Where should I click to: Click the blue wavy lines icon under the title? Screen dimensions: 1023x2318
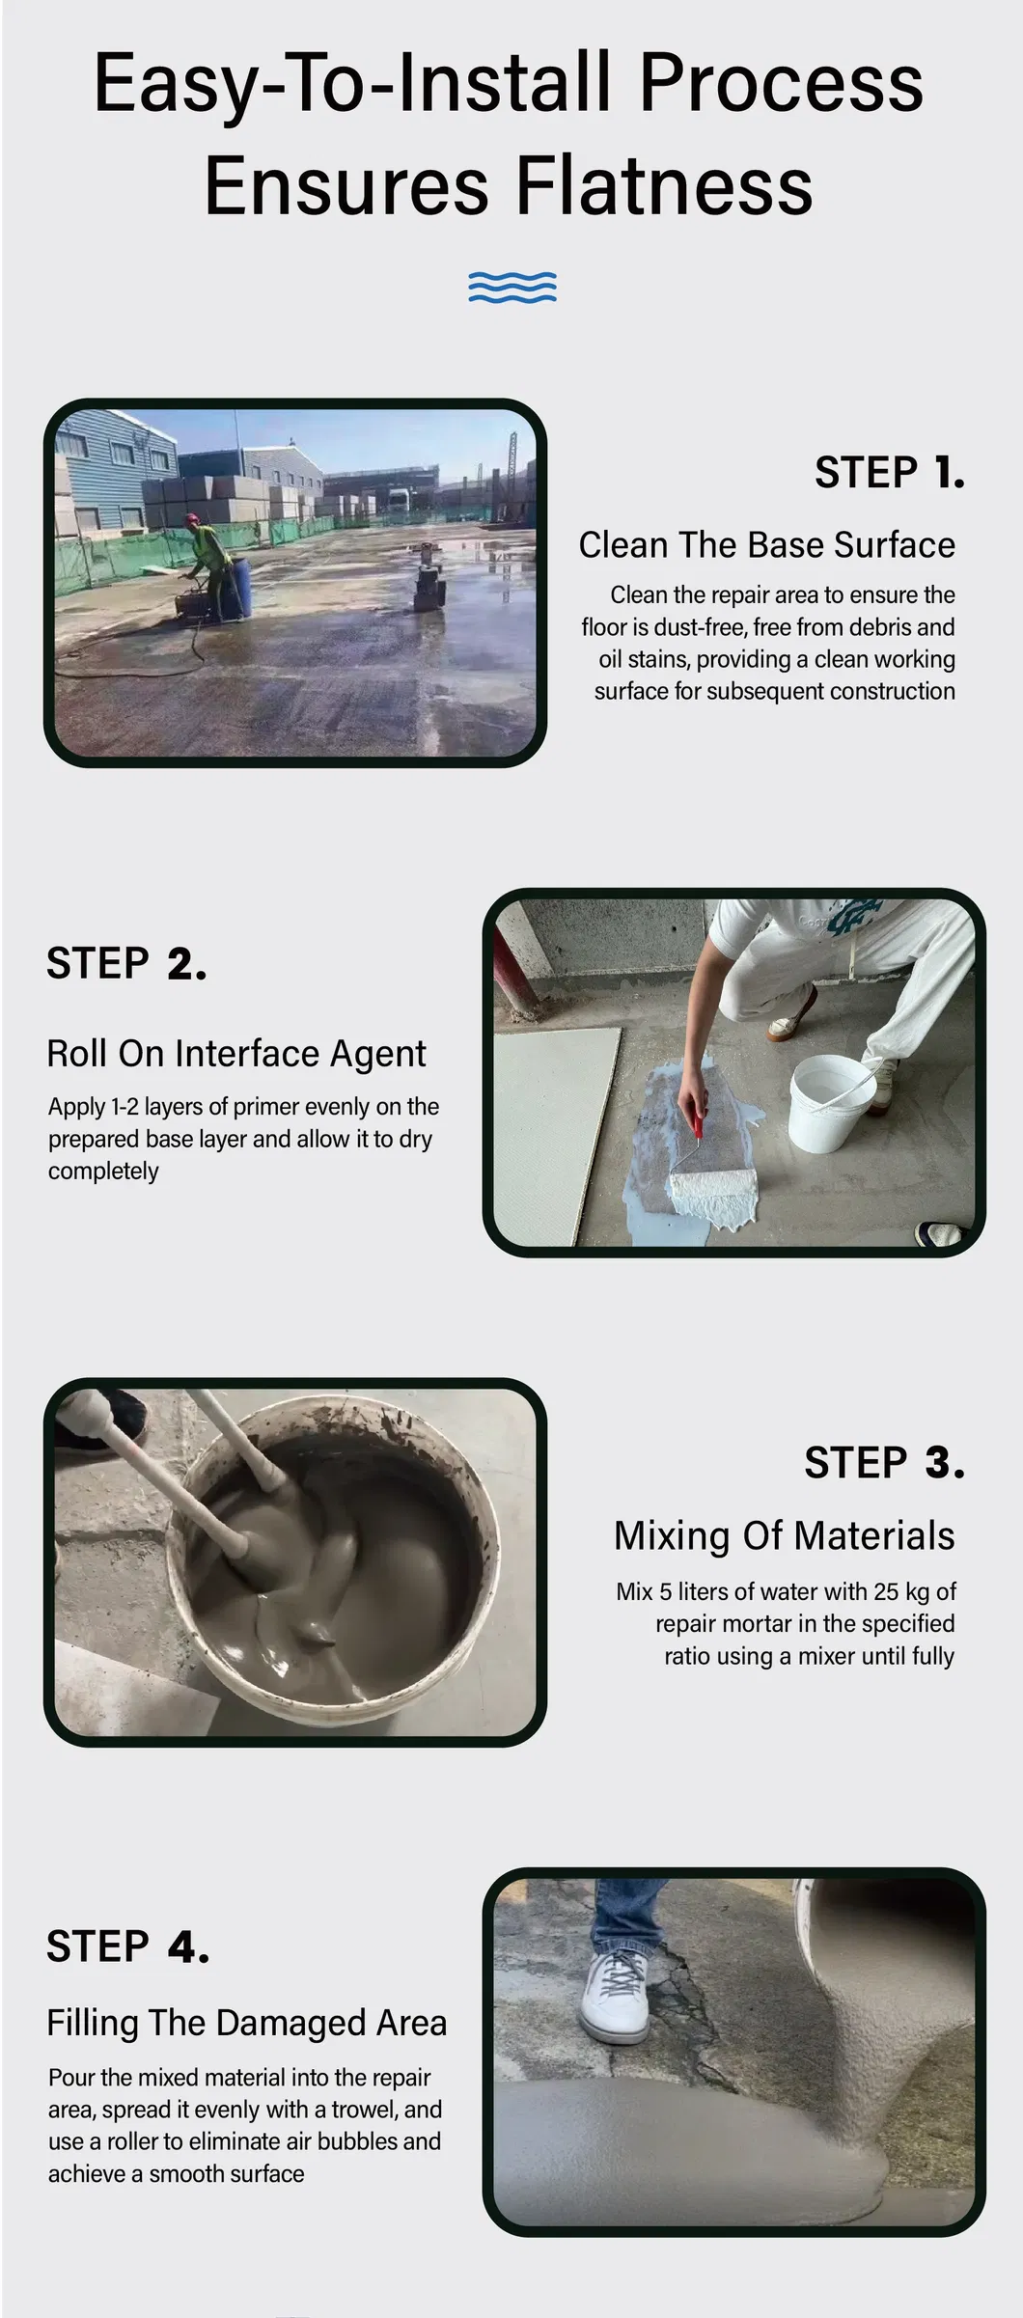click(x=512, y=287)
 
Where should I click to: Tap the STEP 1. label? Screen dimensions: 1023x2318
click(x=889, y=472)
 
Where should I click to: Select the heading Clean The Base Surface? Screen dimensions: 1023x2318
click(x=766, y=545)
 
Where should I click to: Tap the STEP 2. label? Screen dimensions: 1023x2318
click(x=126, y=963)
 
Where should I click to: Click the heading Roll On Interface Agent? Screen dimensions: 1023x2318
click(x=236, y=1054)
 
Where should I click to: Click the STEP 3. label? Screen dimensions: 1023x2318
click(x=884, y=1463)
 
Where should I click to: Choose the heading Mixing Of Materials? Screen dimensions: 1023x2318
click(x=784, y=1536)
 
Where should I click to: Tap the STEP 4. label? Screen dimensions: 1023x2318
click(x=127, y=1946)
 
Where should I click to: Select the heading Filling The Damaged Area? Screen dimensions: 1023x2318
click(x=247, y=2023)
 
